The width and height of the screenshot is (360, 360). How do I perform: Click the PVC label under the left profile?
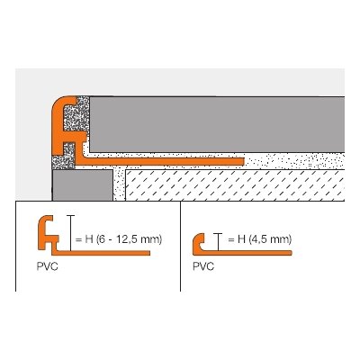pos(47,266)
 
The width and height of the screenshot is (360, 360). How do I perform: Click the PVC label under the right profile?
pos(203,266)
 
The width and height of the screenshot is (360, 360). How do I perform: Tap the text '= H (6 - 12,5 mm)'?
pos(119,239)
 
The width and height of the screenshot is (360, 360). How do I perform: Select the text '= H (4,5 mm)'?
pos(260,239)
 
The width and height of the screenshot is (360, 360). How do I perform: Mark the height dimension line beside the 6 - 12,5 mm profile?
pos(70,233)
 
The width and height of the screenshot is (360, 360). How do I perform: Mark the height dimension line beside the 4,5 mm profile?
pos(218,242)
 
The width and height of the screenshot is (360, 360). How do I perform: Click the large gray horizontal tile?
pos(217,124)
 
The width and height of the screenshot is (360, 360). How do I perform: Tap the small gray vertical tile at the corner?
pos(83,185)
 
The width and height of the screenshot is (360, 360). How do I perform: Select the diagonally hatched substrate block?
pos(235,185)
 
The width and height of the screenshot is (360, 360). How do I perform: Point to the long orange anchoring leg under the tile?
pos(159,162)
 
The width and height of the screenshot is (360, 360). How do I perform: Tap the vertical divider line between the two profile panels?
pos(180,246)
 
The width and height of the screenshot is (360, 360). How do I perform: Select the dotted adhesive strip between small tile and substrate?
pos(119,184)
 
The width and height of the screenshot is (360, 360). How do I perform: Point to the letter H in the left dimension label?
pos(89,239)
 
